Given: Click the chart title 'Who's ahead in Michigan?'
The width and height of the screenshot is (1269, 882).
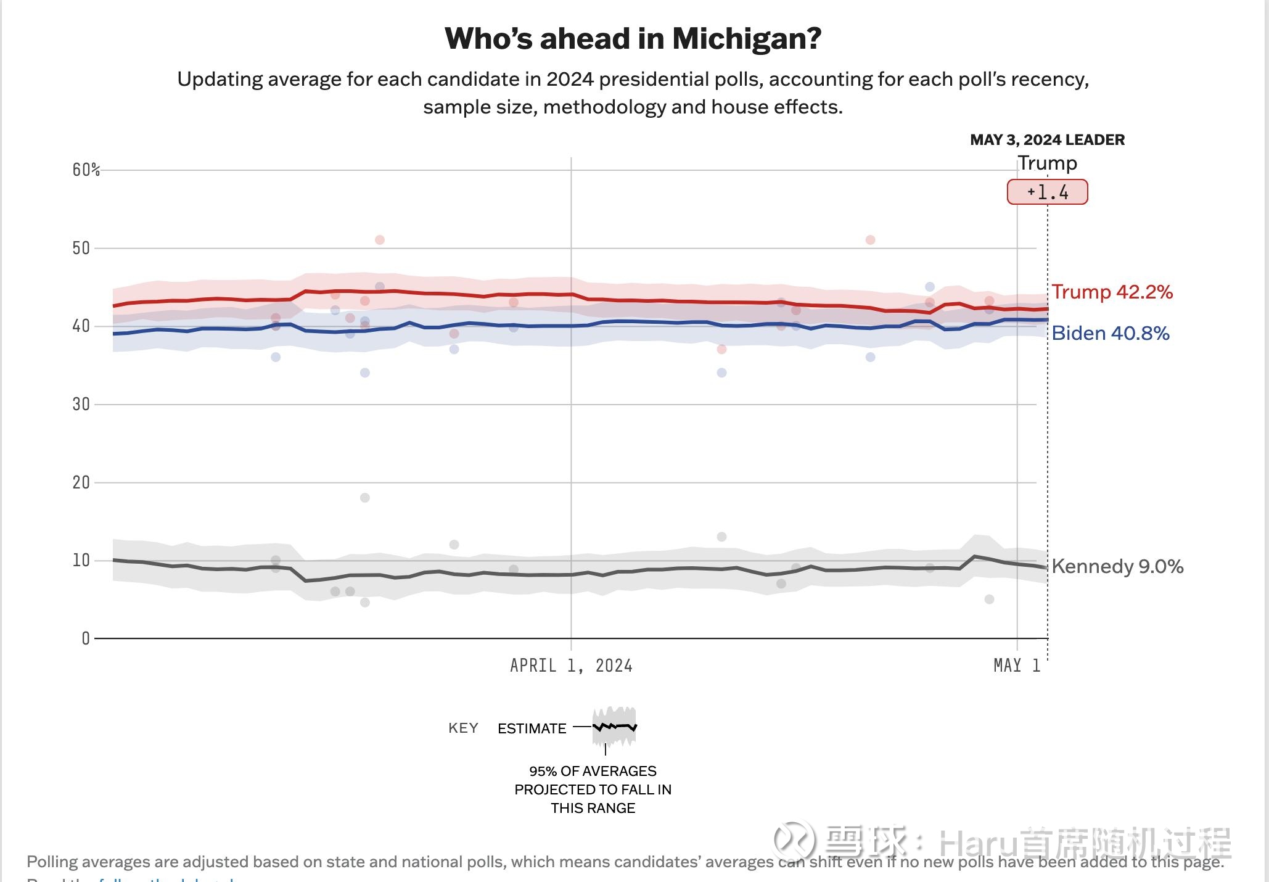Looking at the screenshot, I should click(633, 39).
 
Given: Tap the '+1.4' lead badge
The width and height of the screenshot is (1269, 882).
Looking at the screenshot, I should click(1047, 192).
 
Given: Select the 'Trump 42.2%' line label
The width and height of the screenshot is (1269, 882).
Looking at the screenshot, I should click(1112, 292).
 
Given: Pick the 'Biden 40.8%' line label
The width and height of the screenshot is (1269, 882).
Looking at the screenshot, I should click(1110, 333).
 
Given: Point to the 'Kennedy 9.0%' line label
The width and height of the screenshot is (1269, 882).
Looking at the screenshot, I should click(1117, 566).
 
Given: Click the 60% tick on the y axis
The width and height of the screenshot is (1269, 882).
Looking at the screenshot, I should click(86, 170).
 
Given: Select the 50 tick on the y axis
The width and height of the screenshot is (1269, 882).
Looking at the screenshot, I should click(81, 248).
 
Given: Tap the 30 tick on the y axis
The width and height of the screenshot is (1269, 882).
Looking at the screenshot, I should click(81, 404).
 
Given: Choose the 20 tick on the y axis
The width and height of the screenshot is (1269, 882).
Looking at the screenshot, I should click(81, 482).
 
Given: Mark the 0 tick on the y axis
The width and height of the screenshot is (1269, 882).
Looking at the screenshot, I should click(86, 638).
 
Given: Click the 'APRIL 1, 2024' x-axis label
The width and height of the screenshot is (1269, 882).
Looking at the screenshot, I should click(571, 666).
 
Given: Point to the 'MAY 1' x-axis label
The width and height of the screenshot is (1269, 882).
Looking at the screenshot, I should click(1016, 666).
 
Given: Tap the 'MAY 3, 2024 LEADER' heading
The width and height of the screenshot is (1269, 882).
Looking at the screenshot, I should click(1047, 140).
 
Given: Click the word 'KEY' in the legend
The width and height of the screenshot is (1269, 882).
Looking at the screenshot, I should click(463, 728).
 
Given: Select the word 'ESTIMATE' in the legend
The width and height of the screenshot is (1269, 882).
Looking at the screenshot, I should click(532, 728).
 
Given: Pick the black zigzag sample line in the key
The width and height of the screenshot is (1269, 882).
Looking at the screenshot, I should click(614, 727).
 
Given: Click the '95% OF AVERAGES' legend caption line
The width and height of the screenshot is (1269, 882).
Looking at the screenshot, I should click(593, 771).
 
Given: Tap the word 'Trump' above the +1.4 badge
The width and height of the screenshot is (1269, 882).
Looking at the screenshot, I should click(1047, 163).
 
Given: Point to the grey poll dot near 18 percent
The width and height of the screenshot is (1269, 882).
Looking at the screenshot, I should click(365, 498).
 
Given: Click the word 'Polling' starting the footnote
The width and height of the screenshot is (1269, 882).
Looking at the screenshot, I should click(52, 862).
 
